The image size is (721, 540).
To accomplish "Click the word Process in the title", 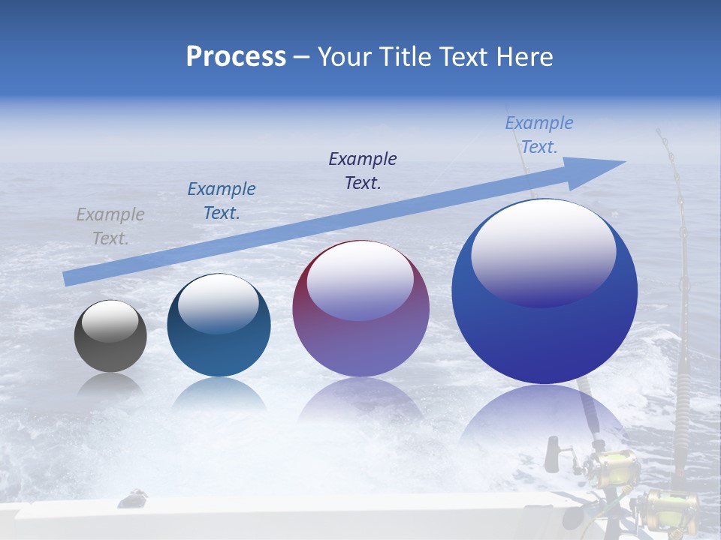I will [x=236, y=57].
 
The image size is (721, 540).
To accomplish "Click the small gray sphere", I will [x=110, y=336].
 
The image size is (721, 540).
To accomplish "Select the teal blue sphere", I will [x=219, y=325].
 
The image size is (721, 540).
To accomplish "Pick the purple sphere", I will [x=360, y=309].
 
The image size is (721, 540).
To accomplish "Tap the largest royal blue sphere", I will [x=545, y=292].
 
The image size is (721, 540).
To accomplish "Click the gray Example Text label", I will [x=110, y=226].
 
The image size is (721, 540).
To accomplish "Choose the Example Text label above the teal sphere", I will [x=222, y=201].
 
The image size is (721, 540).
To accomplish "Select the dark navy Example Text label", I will [x=363, y=171].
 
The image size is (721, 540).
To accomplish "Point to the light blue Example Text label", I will [x=538, y=135].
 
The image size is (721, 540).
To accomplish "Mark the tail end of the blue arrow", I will [x=69, y=278].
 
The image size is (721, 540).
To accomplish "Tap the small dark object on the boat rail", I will [x=134, y=498].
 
